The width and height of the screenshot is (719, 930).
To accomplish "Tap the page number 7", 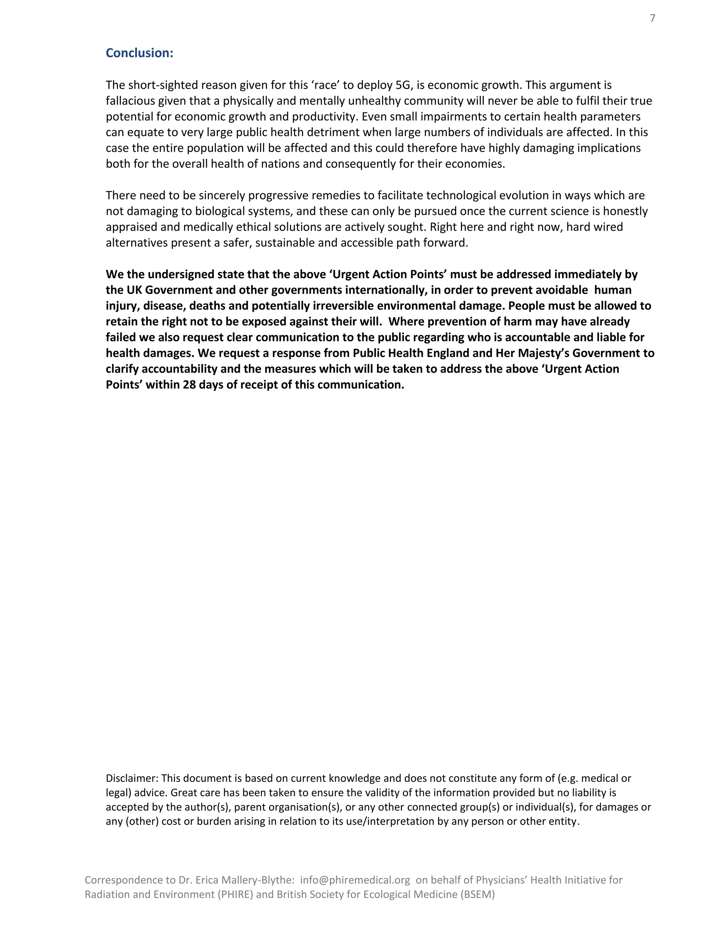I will click(x=652, y=18).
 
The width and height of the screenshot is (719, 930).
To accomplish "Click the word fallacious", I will click(x=130, y=101).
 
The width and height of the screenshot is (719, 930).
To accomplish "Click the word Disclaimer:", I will click(x=132, y=778).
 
